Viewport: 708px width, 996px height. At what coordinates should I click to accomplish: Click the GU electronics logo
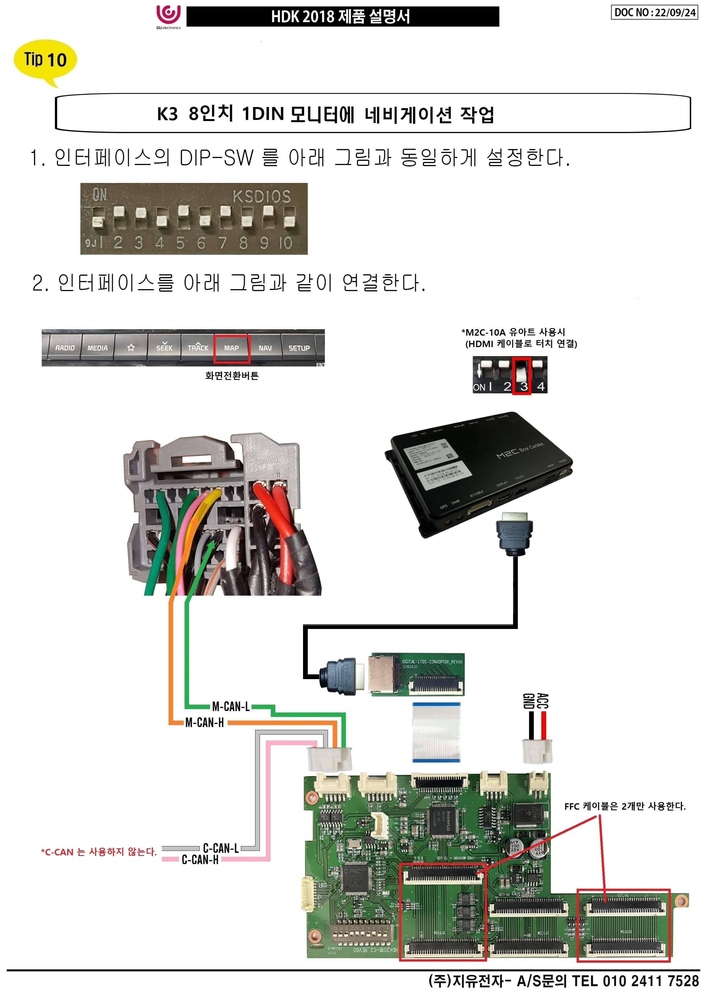168,17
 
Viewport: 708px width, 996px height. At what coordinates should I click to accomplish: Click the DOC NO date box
654,12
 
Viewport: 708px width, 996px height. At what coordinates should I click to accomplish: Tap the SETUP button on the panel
299,348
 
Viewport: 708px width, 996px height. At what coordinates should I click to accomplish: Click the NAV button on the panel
265,348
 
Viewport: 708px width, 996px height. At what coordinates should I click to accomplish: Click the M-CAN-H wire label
204,723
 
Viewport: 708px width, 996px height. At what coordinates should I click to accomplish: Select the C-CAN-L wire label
221,848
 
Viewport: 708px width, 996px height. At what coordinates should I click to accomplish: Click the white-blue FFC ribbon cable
436,732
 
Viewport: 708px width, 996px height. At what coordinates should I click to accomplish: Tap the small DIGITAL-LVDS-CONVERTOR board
417,674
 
